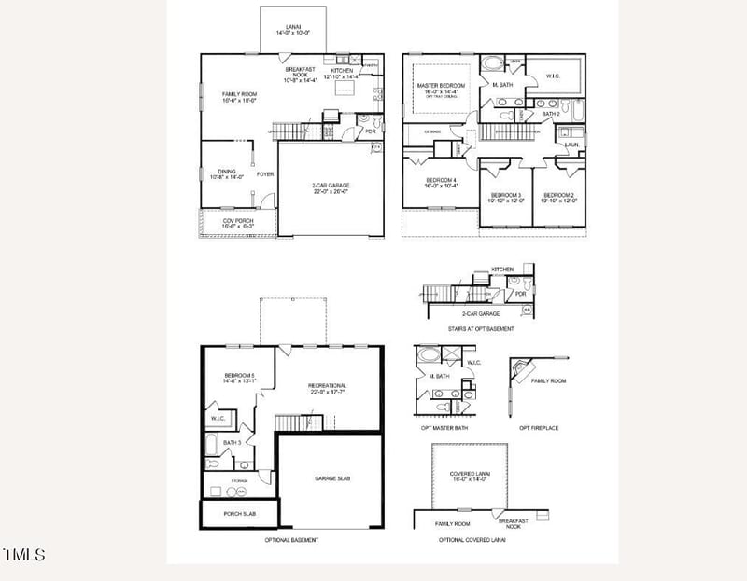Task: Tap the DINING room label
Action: pos(227,172)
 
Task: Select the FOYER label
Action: pos(265,173)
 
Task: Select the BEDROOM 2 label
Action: pos(559,195)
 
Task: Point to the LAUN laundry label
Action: pos(571,145)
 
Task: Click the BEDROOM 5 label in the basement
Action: pos(240,375)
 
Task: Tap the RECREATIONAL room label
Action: pos(328,385)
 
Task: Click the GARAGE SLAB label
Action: pos(331,477)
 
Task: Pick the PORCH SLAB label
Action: pos(239,513)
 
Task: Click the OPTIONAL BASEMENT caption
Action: pos(291,540)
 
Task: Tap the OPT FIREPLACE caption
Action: pos(539,428)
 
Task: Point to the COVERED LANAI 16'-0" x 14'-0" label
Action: pos(469,475)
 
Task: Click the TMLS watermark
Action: pos(24,555)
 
